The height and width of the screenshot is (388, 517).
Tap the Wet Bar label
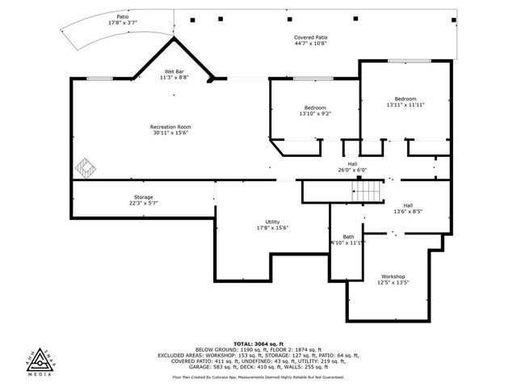[174, 71]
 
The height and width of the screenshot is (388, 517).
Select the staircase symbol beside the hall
[369, 192]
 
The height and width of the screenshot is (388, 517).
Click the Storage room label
[143, 197]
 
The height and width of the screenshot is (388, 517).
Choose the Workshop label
[393, 276]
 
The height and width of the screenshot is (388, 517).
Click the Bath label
[348, 236]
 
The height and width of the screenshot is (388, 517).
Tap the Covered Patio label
[310, 37]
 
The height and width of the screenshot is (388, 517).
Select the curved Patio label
[123, 16]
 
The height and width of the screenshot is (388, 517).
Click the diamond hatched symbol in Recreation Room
[86, 168]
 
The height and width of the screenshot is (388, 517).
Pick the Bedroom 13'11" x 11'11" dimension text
[406, 105]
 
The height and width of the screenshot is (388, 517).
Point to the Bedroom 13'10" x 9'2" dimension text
[315, 113]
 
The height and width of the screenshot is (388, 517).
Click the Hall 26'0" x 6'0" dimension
[352, 170]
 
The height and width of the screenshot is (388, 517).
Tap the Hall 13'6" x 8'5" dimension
[408, 211]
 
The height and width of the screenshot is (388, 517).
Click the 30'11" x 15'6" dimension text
[170, 133]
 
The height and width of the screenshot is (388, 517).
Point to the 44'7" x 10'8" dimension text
[310, 44]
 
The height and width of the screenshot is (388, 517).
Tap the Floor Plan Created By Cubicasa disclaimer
[258, 377]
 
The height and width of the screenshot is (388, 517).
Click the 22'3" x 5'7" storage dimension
[143, 204]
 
